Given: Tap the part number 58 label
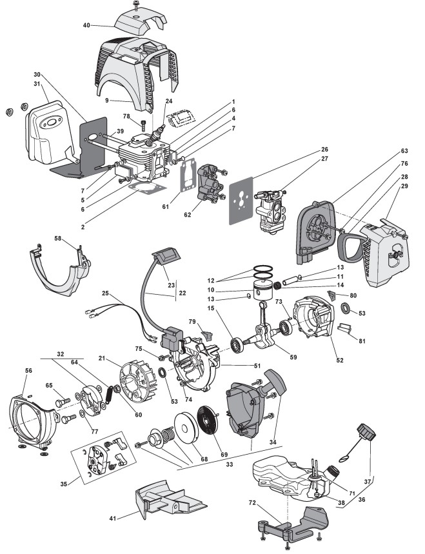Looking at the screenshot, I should pyautogui.click(x=58, y=239).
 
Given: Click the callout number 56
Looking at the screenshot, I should pyautogui.click(x=28, y=371).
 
